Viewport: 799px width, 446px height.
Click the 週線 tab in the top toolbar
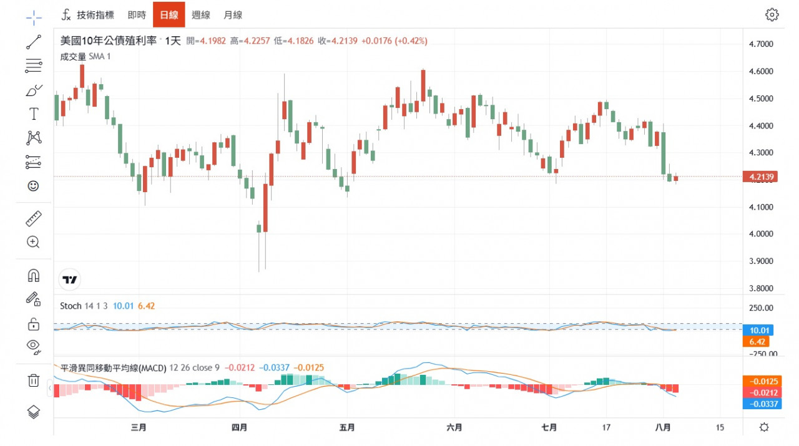[201, 15]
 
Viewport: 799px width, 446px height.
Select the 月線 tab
[233, 15]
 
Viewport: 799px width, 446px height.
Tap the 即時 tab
[137, 15]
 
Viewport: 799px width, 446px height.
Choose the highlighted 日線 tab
[169, 15]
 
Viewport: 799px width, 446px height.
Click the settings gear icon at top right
[772, 15]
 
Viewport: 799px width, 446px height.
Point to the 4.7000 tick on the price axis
[761, 44]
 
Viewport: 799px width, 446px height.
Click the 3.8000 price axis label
[761, 288]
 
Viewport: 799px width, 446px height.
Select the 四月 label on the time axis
[239, 427]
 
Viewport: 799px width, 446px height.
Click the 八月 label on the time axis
[664, 427]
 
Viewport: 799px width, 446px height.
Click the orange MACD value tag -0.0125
[761, 381]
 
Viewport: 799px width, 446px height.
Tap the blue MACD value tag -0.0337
[761, 404]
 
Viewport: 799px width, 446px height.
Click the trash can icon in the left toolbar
[33, 380]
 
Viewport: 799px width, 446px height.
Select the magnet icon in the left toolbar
[33, 275]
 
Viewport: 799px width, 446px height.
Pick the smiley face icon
[33, 186]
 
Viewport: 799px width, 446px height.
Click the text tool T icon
[33, 114]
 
